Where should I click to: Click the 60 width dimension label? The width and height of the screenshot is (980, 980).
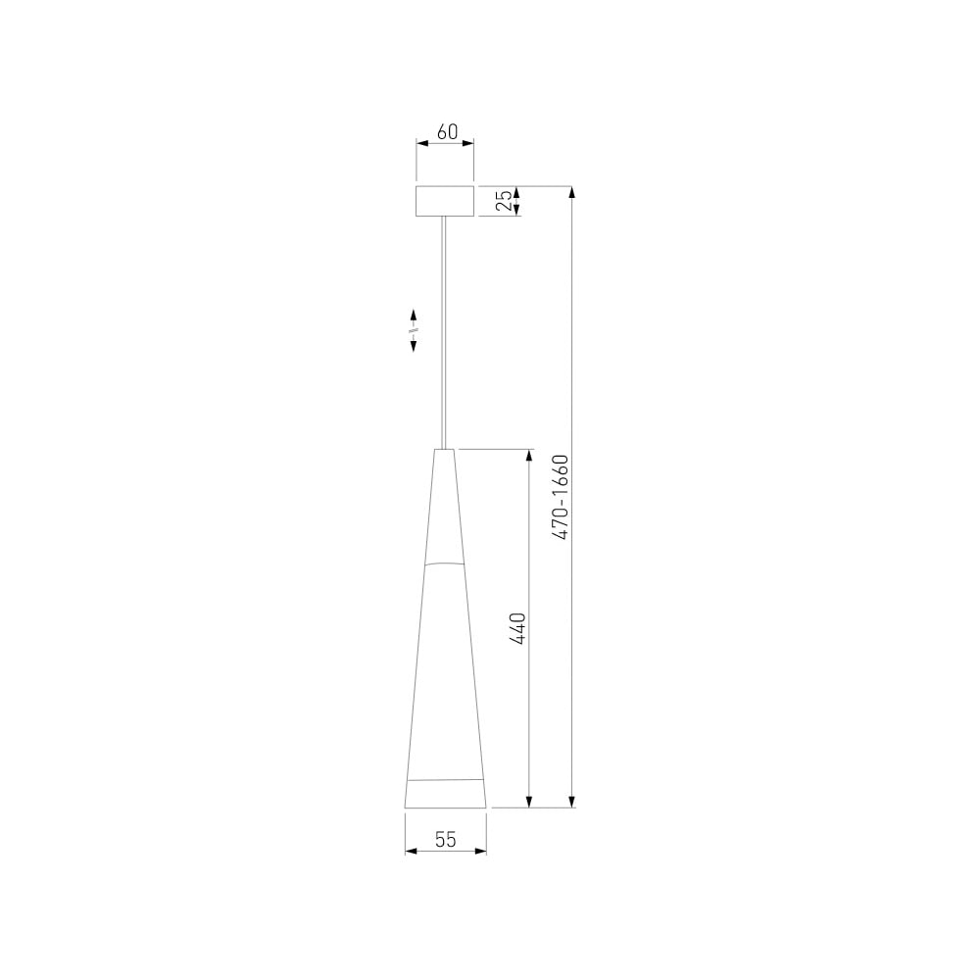447,132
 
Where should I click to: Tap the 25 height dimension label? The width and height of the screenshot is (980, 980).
504,201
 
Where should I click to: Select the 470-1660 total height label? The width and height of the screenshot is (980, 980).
561,497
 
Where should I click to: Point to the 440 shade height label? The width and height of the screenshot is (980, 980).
517,629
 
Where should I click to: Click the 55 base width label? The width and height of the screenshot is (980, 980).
446,840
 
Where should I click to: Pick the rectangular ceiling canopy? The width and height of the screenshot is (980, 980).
445,201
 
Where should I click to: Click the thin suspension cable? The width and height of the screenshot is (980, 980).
444,332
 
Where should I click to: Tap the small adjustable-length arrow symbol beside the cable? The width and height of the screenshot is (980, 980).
414,330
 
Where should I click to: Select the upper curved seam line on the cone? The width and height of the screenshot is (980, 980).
444,563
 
